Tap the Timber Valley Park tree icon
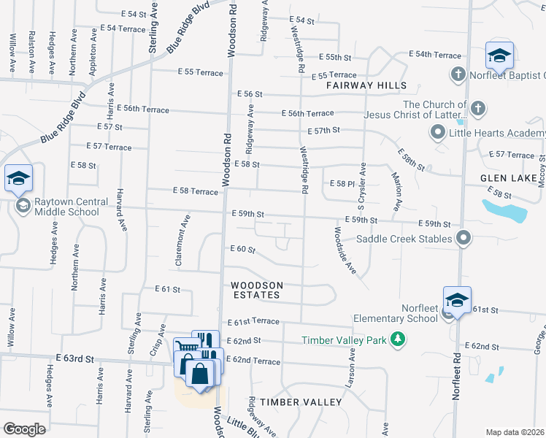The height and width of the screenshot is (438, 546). tap(398, 339)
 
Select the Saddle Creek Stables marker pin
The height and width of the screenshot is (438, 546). tap(463, 238)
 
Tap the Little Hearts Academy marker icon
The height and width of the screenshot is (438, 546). tap(438, 133)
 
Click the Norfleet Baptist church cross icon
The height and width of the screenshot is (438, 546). tap(458, 74)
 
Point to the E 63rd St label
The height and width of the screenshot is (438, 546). tap(74, 358)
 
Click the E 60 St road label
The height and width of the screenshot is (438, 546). tap(242, 250)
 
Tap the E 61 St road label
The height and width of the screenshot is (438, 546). tap(167, 289)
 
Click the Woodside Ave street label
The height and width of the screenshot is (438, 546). tap(343, 251)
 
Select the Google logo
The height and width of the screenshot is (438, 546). tap(24, 429)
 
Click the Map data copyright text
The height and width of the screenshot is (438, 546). tap(515, 432)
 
